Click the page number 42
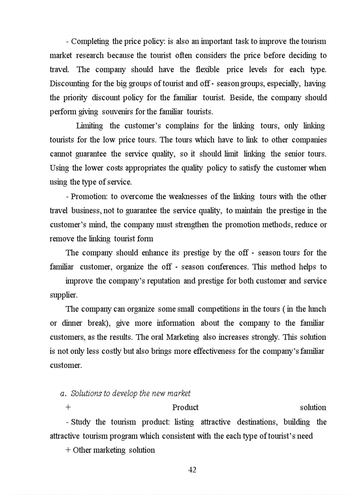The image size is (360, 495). (192, 470)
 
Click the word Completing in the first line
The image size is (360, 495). (90, 41)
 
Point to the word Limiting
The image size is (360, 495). (90, 126)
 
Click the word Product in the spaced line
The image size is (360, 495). (185, 408)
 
